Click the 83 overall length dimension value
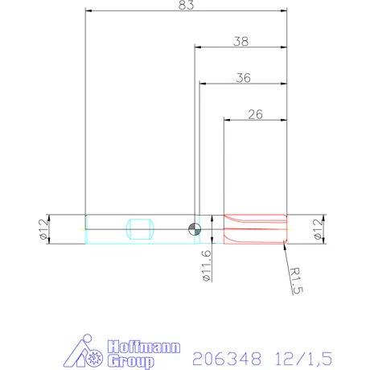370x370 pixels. pyautogui.click(x=185, y=6)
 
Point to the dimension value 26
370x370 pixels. pyautogui.click(x=255, y=114)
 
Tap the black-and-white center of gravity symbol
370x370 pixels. pyautogui.click(x=194, y=228)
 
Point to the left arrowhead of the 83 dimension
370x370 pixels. pyautogui.click(x=88, y=12)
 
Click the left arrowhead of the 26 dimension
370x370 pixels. pyautogui.click(x=226, y=121)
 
